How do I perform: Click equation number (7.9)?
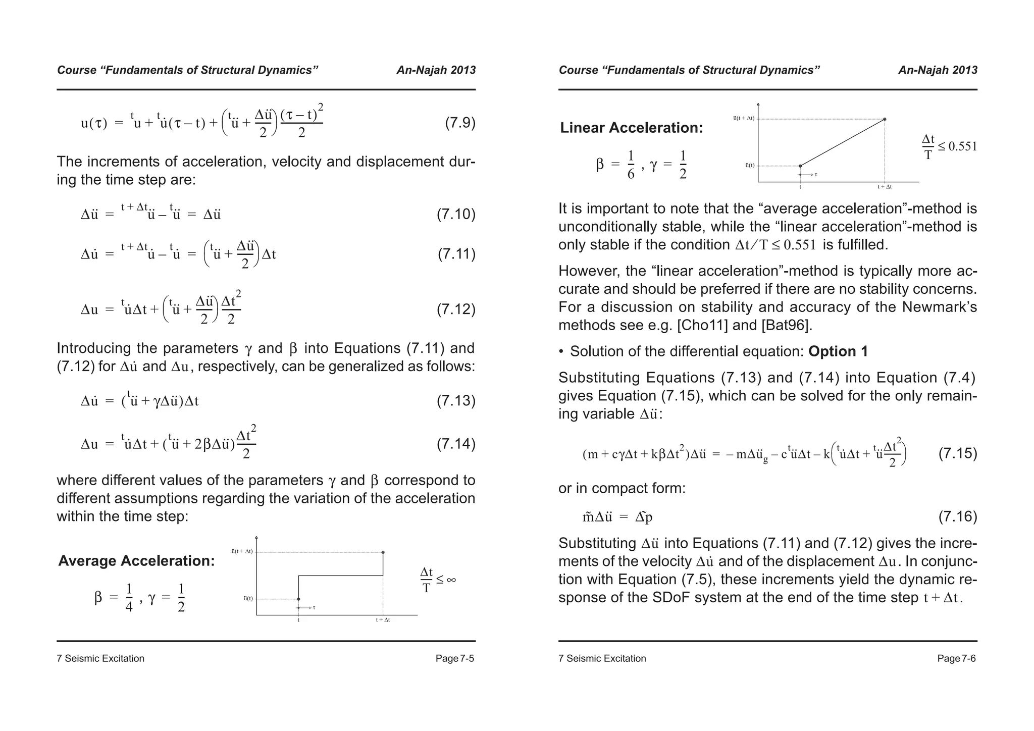(x=460, y=123)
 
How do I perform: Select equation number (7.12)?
(x=456, y=309)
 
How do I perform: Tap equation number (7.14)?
(x=456, y=444)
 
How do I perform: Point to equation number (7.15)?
(x=958, y=453)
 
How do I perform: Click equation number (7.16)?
(x=958, y=516)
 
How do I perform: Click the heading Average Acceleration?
(x=136, y=561)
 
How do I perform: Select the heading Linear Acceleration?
(x=631, y=128)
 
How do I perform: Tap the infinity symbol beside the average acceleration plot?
(x=451, y=580)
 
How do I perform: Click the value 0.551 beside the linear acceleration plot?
(x=963, y=147)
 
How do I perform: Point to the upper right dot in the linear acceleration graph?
(x=885, y=119)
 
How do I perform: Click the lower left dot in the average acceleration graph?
(x=298, y=599)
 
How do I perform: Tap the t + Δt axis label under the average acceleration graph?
(x=383, y=620)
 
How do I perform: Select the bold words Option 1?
(x=838, y=351)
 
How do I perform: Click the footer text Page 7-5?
(x=455, y=658)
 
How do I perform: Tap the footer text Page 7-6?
(x=956, y=658)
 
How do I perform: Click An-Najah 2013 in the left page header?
(x=436, y=70)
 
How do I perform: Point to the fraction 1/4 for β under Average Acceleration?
(x=129, y=598)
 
